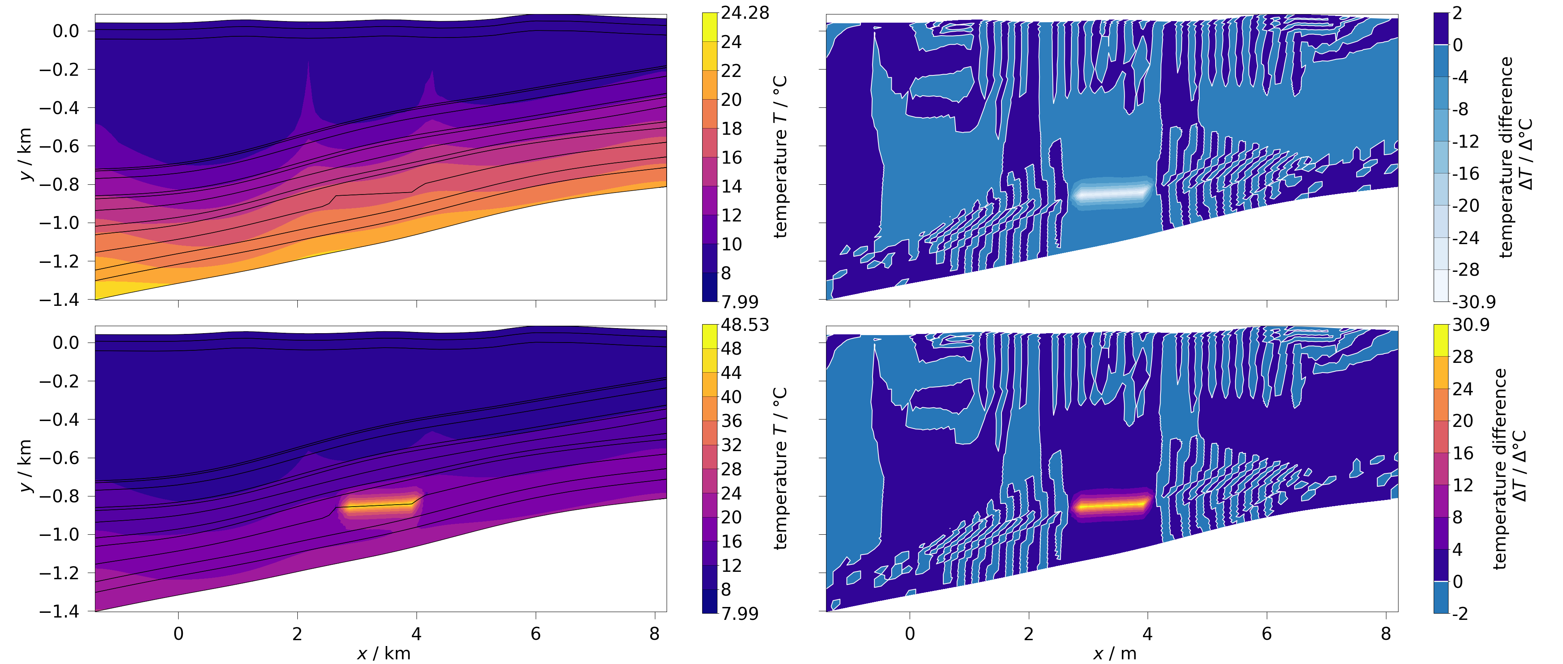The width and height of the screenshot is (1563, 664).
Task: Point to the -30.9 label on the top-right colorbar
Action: point(1473,302)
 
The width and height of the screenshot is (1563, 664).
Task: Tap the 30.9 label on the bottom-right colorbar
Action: point(1471,325)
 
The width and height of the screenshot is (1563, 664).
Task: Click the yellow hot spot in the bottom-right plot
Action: point(1111,505)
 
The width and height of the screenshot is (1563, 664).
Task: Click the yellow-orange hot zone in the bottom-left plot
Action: point(379,506)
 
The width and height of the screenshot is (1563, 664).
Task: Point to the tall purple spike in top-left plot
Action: point(309,91)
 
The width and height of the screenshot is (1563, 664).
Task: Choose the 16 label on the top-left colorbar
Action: point(731,158)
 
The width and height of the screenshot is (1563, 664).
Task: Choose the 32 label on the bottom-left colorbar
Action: point(731,445)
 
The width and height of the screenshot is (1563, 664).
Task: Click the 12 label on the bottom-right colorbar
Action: point(1462,485)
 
